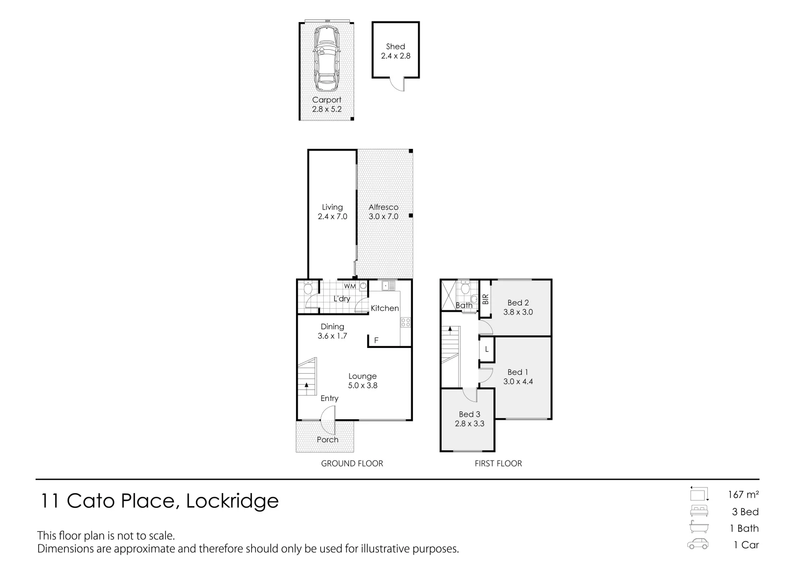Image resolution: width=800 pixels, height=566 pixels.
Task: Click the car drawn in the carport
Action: point(326,60)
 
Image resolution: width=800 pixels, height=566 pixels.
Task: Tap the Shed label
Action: point(396,47)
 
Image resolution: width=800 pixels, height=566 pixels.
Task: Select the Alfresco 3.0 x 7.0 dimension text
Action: point(383,216)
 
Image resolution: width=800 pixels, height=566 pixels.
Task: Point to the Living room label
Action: point(332,207)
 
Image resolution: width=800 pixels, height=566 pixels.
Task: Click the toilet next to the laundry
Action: point(308,288)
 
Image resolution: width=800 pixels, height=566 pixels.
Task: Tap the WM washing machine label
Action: point(349,286)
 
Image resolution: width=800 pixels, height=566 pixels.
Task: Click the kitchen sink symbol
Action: point(388,286)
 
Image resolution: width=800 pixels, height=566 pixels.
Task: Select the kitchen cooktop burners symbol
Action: point(406,323)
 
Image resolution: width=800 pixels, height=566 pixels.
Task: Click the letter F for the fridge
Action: point(376,341)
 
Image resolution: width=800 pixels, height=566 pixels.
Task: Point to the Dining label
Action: point(332,326)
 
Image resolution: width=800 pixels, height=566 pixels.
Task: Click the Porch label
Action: point(327,440)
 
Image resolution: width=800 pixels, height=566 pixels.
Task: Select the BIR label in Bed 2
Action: point(485,299)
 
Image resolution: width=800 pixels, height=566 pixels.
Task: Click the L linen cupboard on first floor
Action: point(486,350)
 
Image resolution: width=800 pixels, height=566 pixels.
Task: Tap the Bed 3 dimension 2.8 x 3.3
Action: point(469,424)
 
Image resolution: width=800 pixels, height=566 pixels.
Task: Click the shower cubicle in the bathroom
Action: point(448,295)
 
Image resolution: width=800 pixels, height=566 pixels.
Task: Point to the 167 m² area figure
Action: point(743,495)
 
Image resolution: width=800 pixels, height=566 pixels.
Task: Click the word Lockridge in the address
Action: point(232,502)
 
